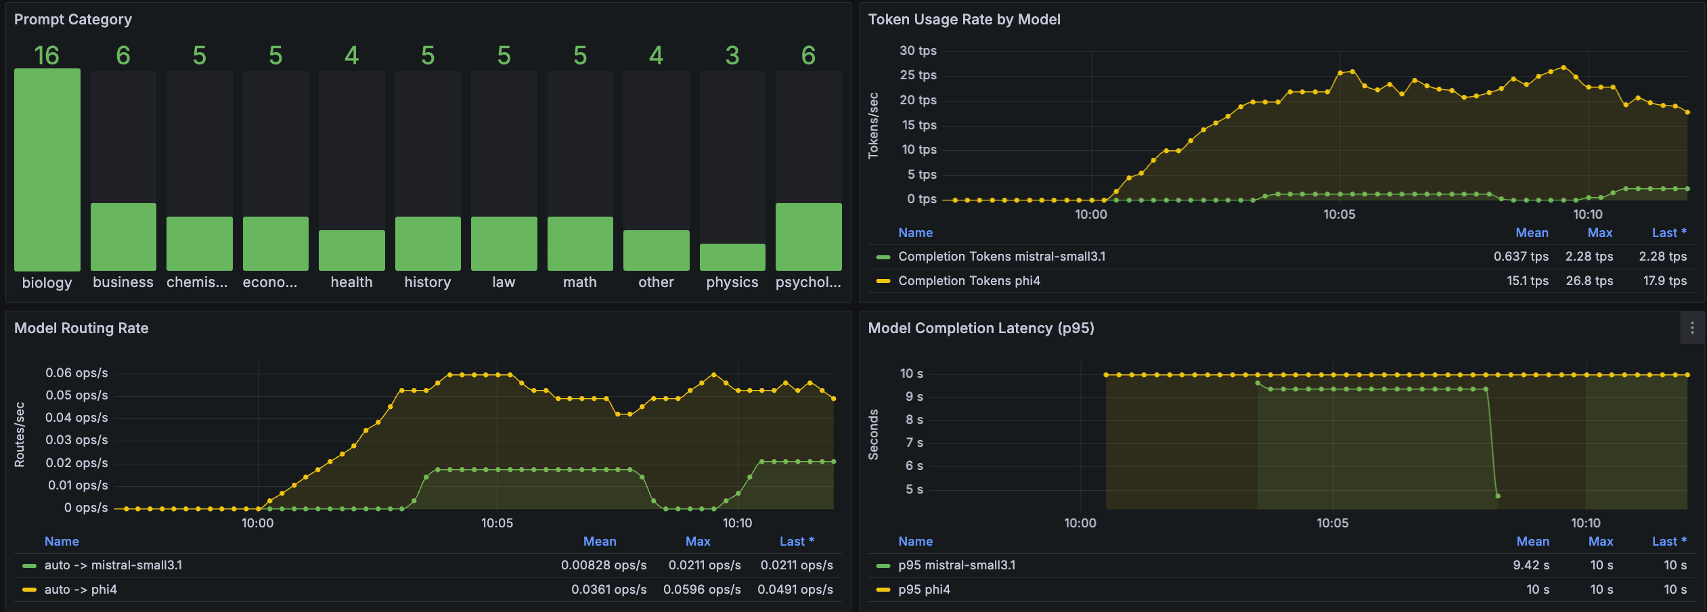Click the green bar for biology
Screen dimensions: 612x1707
[x=47, y=169]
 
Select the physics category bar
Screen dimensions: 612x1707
[x=732, y=257]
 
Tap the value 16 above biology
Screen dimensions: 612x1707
[x=47, y=56]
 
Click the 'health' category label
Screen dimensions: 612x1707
[x=351, y=282]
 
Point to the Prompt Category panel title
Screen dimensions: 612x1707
[x=73, y=20]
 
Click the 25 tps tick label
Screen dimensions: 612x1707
[x=918, y=75]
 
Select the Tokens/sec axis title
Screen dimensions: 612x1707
[x=873, y=126]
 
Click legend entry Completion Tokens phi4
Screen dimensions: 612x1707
[x=969, y=281]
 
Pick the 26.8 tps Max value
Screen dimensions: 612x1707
[x=1589, y=281]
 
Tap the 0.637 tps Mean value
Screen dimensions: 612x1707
[x=1521, y=257]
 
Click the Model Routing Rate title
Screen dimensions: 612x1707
[x=81, y=328]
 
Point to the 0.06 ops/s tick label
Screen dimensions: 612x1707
[x=76, y=373]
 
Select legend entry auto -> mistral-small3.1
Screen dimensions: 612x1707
[x=113, y=565]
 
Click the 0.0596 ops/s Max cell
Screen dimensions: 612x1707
[x=702, y=590]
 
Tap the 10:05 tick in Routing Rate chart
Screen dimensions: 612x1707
[x=497, y=523]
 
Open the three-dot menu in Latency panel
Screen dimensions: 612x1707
[x=1692, y=328]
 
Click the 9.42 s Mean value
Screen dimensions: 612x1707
[x=1531, y=565]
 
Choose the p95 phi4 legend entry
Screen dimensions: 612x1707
[x=924, y=590]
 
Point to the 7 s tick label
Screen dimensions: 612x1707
[x=914, y=443]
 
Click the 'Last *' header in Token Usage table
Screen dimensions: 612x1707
[x=1668, y=233]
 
